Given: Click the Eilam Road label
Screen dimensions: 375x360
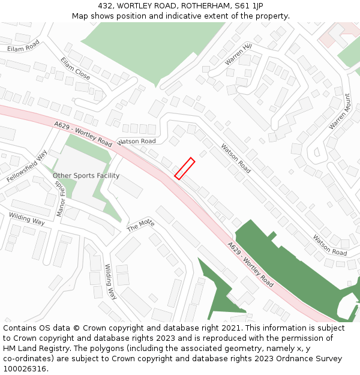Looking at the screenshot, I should pyautogui.click(x=23, y=46).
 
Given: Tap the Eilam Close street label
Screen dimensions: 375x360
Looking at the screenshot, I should pyautogui.click(x=75, y=69).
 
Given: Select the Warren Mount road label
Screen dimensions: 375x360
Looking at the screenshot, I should pyautogui.click(x=340, y=112).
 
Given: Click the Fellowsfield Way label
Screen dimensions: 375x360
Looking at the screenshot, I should pyautogui.click(x=27, y=166).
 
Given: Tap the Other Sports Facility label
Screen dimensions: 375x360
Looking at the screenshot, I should pyautogui.click(x=86, y=176).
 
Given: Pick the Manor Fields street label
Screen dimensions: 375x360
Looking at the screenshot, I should pyautogui.click(x=61, y=198).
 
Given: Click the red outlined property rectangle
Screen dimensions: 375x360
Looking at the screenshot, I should pyautogui.click(x=184, y=169).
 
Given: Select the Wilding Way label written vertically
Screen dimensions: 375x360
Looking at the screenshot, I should pyautogui.click(x=111, y=281).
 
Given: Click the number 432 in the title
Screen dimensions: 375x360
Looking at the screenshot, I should pyautogui.click(x=105, y=5).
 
